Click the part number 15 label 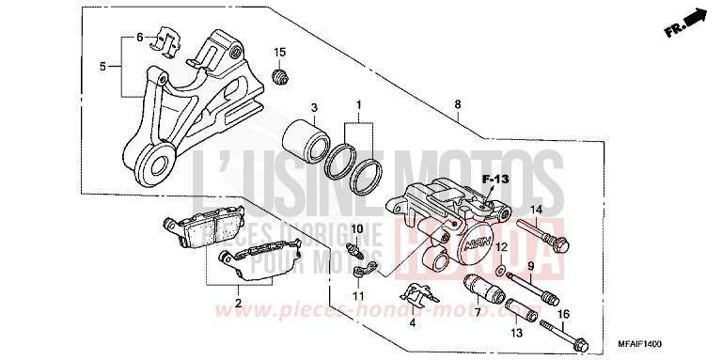(x=278, y=50)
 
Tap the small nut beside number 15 (x=278, y=75)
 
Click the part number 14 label (x=537, y=209)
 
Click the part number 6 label (x=140, y=38)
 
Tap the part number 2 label (x=239, y=303)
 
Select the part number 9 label (x=529, y=266)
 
